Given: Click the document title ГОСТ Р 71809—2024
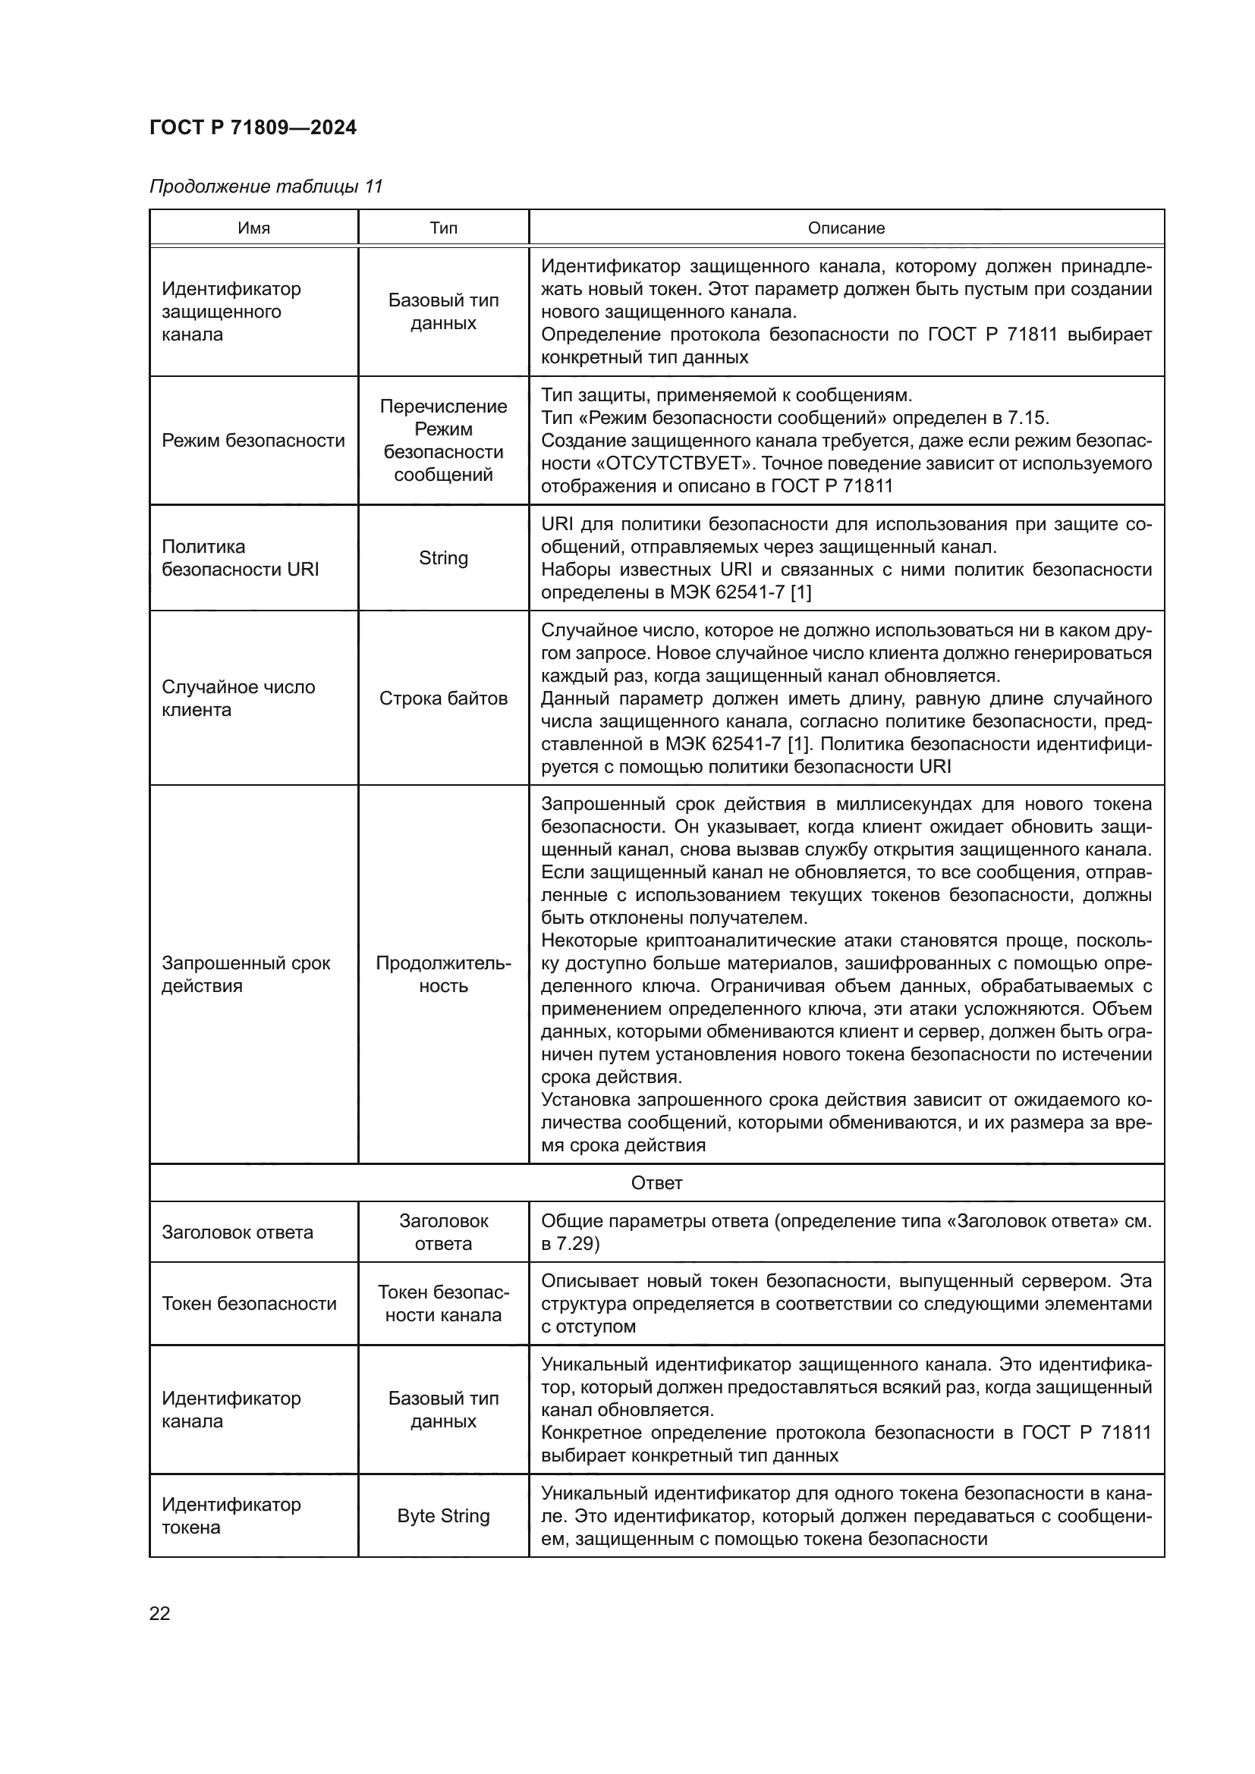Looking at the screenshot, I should pyautogui.click(x=253, y=127).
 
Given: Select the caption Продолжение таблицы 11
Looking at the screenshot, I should pyautogui.click(x=265, y=187).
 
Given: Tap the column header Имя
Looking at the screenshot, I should pyautogui.click(x=253, y=228).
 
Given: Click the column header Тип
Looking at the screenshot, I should pyautogui.click(x=443, y=228).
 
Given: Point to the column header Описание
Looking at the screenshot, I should pyautogui.click(x=846, y=228).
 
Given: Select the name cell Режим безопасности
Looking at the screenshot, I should pyautogui.click(x=253, y=441).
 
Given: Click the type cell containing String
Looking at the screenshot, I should pyautogui.click(x=443, y=558).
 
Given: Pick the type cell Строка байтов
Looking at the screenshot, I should pyautogui.click(x=443, y=699).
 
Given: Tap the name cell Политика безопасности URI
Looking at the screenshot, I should pyautogui.click(x=241, y=558).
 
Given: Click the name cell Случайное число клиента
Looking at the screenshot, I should pyautogui.click(x=238, y=699).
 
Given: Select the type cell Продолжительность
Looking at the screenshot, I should pyautogui.click(x=443, y=975).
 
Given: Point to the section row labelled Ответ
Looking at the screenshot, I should pyautogui.click(x=656, y=1183).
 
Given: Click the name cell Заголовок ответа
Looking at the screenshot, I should pyautogui.click(x=237, y=1232).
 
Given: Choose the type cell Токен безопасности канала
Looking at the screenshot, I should pyautogui.click(x=443, y=1304).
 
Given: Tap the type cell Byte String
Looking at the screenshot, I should pyautogui.click(x=443, y=1516).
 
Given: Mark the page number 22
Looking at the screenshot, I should pyautogui.click(x=159, y=1613).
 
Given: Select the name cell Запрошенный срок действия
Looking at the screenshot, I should pyautogui.click(x=245, y=975).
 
